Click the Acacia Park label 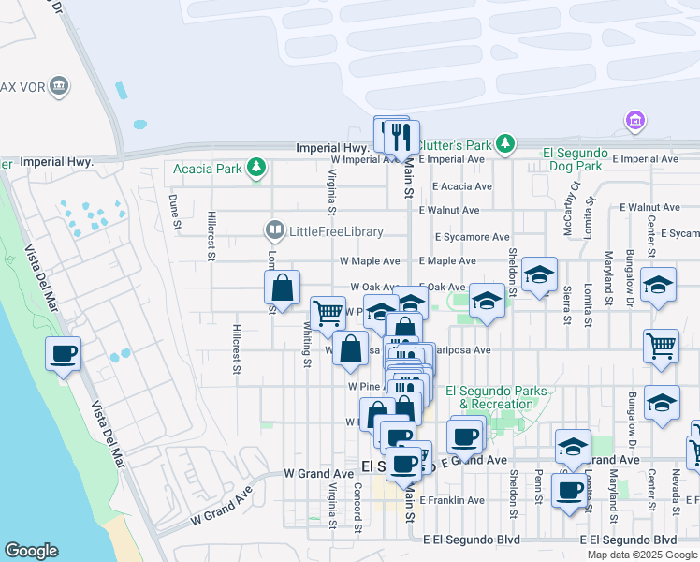(x=207, y=170)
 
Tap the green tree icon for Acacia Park (x=255, y=170)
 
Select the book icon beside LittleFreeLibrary (x=274, y=229)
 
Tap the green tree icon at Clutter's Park (x=505, y=143)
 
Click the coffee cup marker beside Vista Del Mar (x=64, y=354)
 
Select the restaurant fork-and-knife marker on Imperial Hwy (x=401, y=137)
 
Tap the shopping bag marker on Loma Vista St (x=283, y=287)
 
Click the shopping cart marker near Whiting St (x=328, y=312)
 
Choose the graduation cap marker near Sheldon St (x=539, y=274)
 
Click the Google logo (x=31, y=551)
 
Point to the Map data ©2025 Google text (x=642, y=555)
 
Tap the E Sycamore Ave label (x=471, y=237)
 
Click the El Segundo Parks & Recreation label (x=489, y=397)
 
